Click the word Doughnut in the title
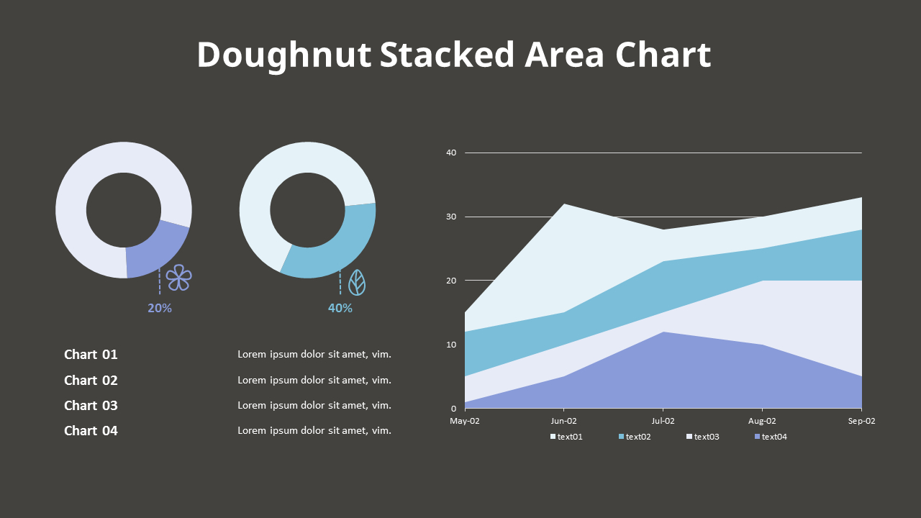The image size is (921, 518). [284, 55]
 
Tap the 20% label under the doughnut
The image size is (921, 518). [160, 308]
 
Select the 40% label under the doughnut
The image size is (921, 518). [340, 308]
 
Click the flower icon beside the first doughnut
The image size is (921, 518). [179, 278]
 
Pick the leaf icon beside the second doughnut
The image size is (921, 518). [357, 283]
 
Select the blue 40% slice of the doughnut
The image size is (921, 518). [337, 248]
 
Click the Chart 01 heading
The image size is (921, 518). [91, 354]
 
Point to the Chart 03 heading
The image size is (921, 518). [91, 405]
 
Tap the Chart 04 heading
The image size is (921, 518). [91, 430]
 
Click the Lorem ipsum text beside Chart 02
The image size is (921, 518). [314, 380]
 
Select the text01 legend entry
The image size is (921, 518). [567, 437]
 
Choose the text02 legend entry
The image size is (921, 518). [635, 437]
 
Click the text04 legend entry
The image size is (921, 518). [771, 437]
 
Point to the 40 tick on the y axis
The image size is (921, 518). [451, 153]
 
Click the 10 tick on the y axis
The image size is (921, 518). [451, 345]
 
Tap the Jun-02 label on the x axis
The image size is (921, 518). [564, 421]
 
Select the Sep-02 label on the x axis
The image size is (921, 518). [861, 421]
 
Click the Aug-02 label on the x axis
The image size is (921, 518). [762, 421]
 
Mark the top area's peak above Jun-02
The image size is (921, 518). [564, 205]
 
